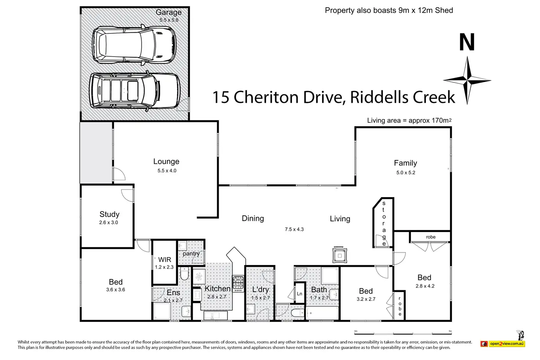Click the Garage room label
168,12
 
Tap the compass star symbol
467,80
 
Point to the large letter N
467,42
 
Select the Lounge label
166,161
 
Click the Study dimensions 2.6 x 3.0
109,222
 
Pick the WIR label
165,260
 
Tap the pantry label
191,254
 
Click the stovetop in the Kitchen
238,284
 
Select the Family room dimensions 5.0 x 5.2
406,172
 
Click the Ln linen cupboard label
299,294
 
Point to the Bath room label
319,290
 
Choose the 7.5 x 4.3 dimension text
294,229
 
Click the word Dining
253,218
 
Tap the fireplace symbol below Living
340,255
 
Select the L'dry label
260,289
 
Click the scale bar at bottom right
403,334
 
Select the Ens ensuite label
173,293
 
